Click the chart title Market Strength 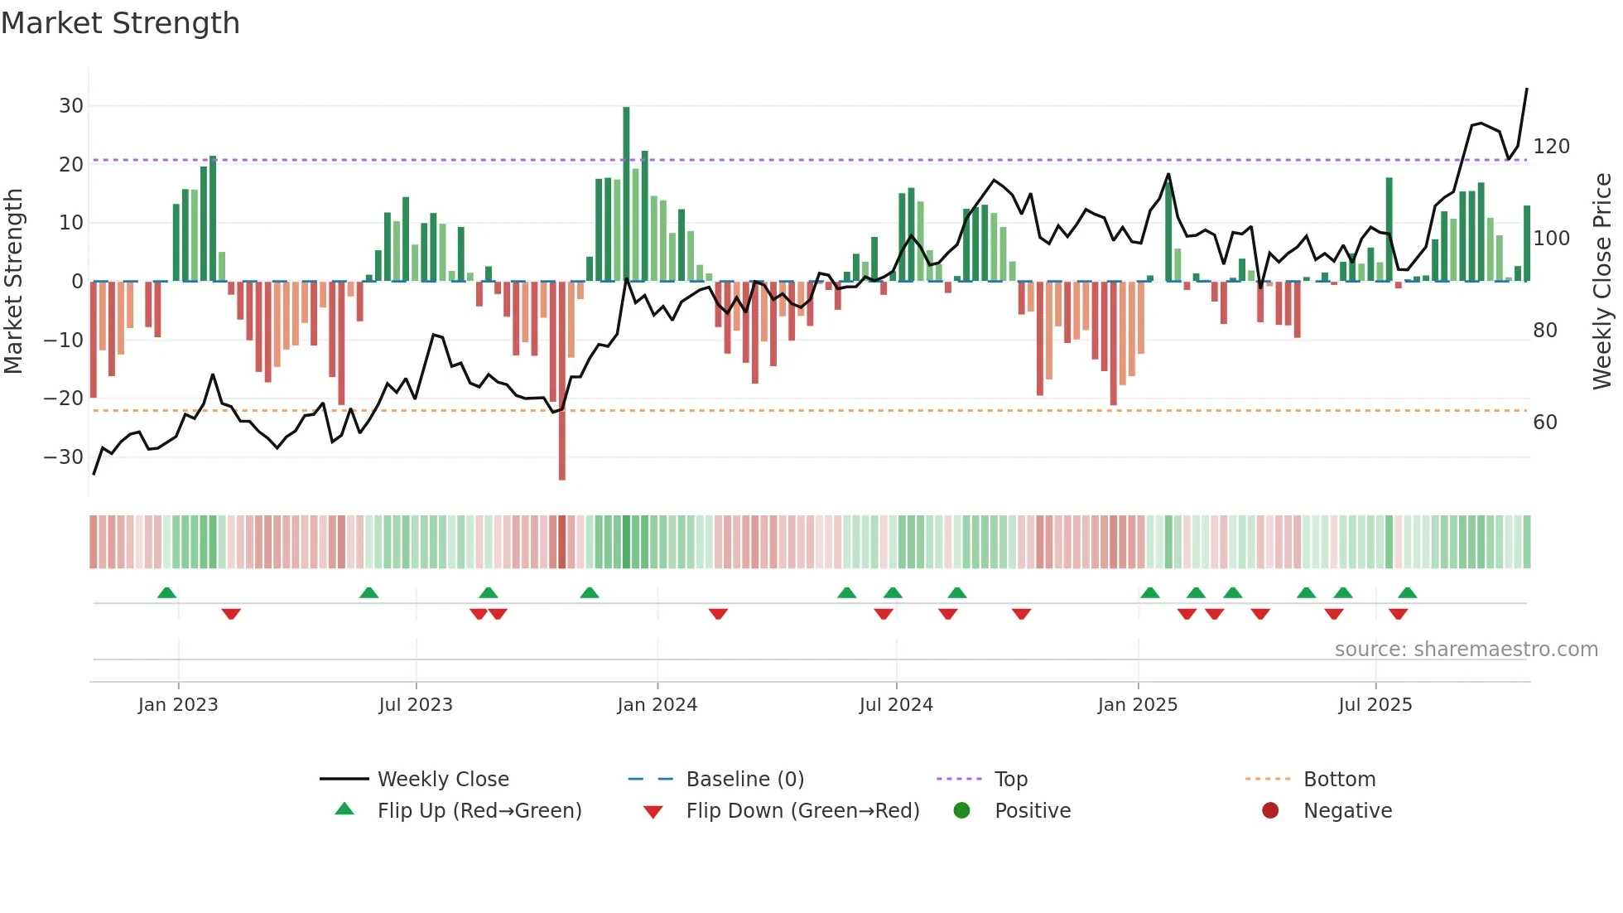click(120, 23)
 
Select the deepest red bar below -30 click(562, 381)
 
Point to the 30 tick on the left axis click(71, 106)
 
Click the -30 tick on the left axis click(64, 457)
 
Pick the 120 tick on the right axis click(1551, 147)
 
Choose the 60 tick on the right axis click(1545, 423)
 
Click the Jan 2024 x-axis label click(657, 705)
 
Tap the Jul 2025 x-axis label click(1375, 705)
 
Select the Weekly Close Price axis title click(1602, 282)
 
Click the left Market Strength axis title click(14, 282)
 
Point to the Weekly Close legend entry click(443, 780)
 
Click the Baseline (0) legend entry click(744, 780)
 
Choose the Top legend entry click(1010, 780)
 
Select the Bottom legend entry click(1339, 780)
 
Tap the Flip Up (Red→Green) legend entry click(479, 811)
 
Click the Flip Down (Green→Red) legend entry click(802, 811)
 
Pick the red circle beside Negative click(1270, 810)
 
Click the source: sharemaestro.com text click(1466, 650)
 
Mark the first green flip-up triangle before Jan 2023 click(166, 592)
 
